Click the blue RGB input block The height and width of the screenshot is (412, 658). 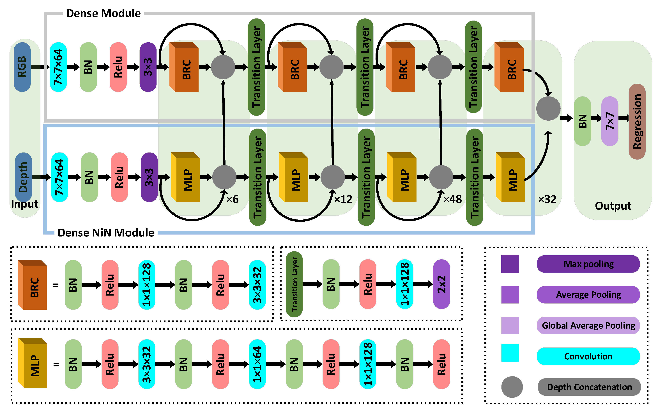(x=22, y=67)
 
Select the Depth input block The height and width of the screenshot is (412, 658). (x=24, y=177)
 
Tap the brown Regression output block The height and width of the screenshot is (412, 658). (x=637, y=121)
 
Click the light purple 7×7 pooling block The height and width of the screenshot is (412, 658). (x=609, y=121)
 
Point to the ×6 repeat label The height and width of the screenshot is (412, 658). (x=233, y=199)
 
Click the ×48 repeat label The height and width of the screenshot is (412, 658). (x=452, y=199)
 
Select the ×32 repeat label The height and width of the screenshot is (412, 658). (x=547, y=199)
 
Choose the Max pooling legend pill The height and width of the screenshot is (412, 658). (x=588, y=264)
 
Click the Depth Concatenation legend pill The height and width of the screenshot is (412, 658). (x=589, y=387)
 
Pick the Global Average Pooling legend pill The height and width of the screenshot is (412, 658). (x=588, y=325)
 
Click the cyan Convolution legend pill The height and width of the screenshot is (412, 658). (x=588, y=356)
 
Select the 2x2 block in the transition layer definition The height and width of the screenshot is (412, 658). (x=441, y=284)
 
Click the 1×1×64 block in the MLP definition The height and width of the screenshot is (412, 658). (x=257, y=364)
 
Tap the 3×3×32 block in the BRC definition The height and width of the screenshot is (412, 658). (x=257, y=285)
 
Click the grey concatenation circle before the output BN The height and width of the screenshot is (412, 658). (x=548, y=108)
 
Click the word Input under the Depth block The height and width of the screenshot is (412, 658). (x=25, y=204)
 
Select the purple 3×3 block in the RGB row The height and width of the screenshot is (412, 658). (x=148, y=67)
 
